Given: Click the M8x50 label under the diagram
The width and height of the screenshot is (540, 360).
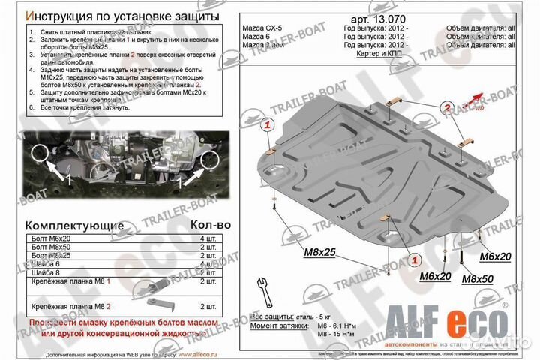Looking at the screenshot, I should tap(475, 278).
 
